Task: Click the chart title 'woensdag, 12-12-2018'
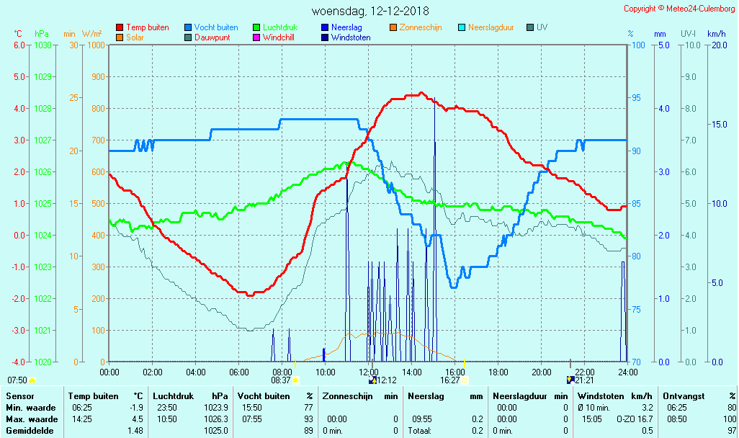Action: coord(369,12)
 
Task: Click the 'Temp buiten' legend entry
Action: coord(147,27)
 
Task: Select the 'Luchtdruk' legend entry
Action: coord(280,27)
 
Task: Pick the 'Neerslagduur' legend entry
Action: coord(491,27)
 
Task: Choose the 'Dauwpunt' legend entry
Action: coord(212,37)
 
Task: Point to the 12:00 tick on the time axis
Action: coord(369,372)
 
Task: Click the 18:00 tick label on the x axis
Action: coord(498,372)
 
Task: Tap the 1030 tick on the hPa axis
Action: coord(42,45)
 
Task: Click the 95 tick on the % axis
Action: coord(637,98)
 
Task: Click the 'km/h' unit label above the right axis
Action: coord(716,34)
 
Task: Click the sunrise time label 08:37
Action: coord(281,380)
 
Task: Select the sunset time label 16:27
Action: coord(450,380)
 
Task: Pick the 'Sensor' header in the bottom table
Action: coord(18,396)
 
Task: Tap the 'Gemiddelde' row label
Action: coord(27,431)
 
